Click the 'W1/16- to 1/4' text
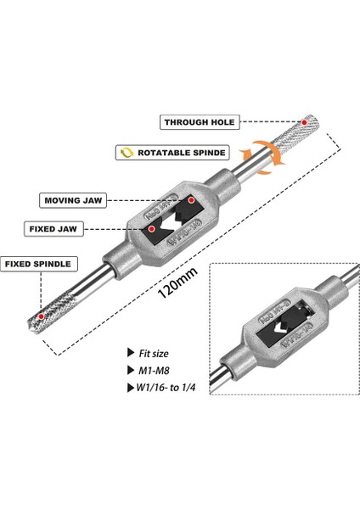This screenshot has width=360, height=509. pyautogui.click(x=165, y=389)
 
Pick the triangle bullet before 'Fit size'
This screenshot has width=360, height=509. pyautogui.click(x=129, y=351)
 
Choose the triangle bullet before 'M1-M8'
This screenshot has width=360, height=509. pyautogui.click(x=129, y=371)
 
